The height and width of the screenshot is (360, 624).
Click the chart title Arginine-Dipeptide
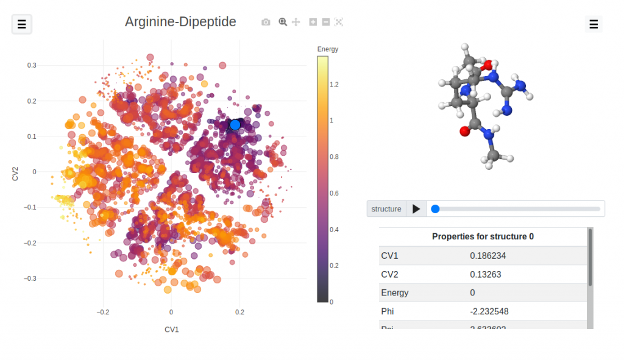180,22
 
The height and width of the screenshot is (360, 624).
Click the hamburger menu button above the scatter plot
22,24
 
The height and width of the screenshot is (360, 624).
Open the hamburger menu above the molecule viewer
594,24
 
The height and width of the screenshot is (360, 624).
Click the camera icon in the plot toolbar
266,22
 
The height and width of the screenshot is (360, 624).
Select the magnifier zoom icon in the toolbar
283,22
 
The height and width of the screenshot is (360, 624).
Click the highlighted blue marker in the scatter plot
235,125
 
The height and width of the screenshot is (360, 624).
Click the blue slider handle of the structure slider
435,209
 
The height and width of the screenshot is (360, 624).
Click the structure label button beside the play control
386,209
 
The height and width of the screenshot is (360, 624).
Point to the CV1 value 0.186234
487,256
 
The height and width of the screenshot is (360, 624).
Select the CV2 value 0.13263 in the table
486,274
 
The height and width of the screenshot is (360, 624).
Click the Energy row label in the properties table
395,293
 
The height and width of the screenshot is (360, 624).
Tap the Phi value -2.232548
489,311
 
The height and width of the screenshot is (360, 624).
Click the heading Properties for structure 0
483,236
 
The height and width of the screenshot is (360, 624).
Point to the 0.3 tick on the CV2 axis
31,65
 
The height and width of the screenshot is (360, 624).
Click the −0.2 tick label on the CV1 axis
103,312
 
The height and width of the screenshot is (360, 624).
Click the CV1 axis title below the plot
171,330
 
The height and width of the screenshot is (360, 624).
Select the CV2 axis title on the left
15,172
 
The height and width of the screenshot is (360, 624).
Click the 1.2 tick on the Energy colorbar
334,84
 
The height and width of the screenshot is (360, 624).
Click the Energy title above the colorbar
328,49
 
